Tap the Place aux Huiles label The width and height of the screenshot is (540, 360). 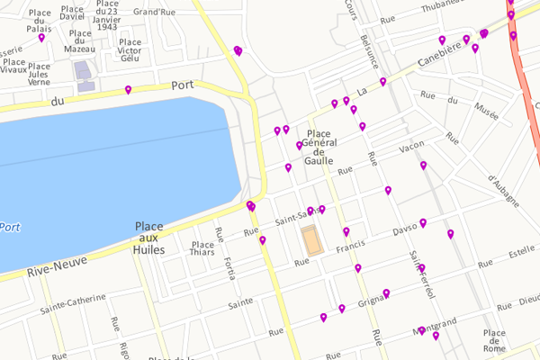[x=149, y=238]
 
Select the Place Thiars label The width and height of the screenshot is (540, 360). [x=202, y=247]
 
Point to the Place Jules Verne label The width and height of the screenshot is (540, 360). [x=39, y=74]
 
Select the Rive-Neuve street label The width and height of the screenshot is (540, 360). [x=49, y=268]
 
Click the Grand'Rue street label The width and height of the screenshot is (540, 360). [x=154, y=13]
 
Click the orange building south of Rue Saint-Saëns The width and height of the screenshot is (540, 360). [x=311, y=240]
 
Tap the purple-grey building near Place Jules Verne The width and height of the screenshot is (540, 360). [x=84, y=74]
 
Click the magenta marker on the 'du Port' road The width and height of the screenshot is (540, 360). [x=128, y=89]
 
